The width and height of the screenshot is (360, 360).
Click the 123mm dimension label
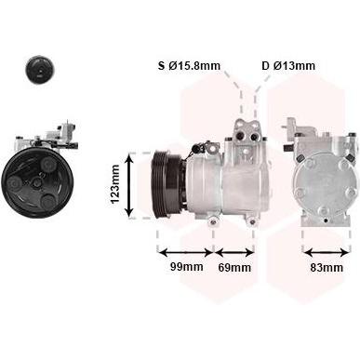coord(115,184)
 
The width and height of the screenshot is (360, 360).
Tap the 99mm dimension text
coord(187,266)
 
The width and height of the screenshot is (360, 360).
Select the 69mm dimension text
coord(234,267)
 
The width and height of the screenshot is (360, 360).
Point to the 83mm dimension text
coord(327,267)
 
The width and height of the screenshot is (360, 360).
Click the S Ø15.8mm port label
coord(189,66)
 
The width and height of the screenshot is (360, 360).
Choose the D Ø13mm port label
coord(288,66)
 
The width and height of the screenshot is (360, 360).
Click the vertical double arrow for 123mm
coord(129,186)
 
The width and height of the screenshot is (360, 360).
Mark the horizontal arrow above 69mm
coord(234,252)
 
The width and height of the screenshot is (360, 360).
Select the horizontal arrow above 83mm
coord(327,253)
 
